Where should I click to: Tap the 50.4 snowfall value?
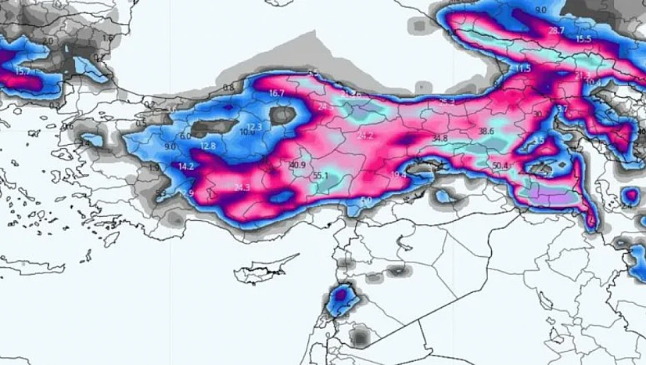[x=501, y=166]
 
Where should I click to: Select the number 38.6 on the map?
[x=486, y=132]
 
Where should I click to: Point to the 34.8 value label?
[x=440, y=139]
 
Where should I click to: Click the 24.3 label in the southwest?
[x=242, y=187]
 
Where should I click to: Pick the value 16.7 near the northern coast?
[x=277, y=93]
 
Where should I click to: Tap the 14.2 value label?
[x=186, y=167]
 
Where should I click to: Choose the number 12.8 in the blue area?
[x=207, y=146]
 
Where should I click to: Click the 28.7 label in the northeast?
[x=556, y=31]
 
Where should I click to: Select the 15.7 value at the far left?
[x=22, y=71]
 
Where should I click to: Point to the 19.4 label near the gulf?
[x=398, y=175]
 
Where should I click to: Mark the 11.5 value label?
[x=522, y=69]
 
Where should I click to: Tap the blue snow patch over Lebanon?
[x=342, y=297]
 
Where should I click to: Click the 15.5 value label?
[x=583, y=39]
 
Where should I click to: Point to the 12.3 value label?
[x=255, y=127]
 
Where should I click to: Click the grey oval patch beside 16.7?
[x=282, y=116]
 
